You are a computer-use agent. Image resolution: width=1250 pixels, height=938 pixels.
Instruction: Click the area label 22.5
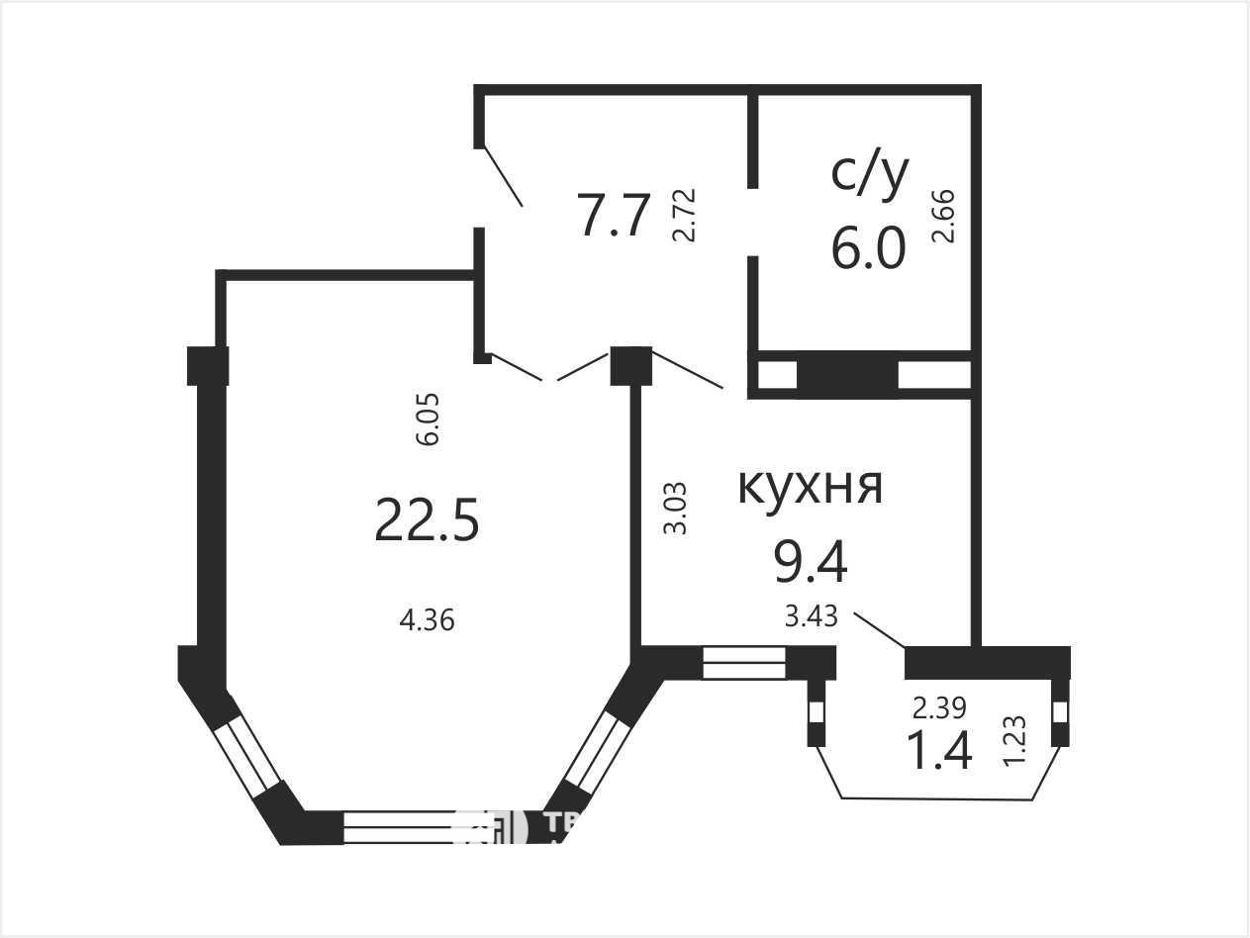coord(427,519)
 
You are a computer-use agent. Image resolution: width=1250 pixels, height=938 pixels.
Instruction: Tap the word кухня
coord(810,485)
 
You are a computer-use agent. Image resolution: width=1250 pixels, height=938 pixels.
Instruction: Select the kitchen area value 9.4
coord(810,563)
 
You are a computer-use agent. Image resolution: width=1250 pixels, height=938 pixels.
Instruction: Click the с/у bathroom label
coord(868,174)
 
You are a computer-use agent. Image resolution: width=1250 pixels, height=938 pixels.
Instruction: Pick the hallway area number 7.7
coord(615,216)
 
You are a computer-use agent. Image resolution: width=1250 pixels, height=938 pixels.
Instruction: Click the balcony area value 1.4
coord(939,750)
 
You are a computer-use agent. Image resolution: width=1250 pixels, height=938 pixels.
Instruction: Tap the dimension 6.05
coord(428,420)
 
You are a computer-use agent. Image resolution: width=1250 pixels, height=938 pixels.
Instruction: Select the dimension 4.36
coord(427,621)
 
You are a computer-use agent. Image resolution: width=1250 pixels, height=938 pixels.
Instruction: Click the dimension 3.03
coord(675,509)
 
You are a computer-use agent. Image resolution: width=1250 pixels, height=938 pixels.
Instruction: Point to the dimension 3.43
coord(812,617)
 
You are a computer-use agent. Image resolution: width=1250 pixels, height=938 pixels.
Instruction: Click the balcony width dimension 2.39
coord(939,707)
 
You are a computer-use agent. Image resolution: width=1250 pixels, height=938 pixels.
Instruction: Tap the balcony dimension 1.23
coord(1014,740)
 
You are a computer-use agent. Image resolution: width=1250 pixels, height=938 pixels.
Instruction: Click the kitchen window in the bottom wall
coord(744,663)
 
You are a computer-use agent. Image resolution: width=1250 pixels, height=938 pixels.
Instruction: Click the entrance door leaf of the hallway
coord(503,177)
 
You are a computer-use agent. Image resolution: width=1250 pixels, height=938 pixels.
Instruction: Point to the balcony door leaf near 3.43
coord(880,630)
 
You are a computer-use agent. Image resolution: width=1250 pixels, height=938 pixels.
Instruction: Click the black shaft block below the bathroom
coord(847,375)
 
